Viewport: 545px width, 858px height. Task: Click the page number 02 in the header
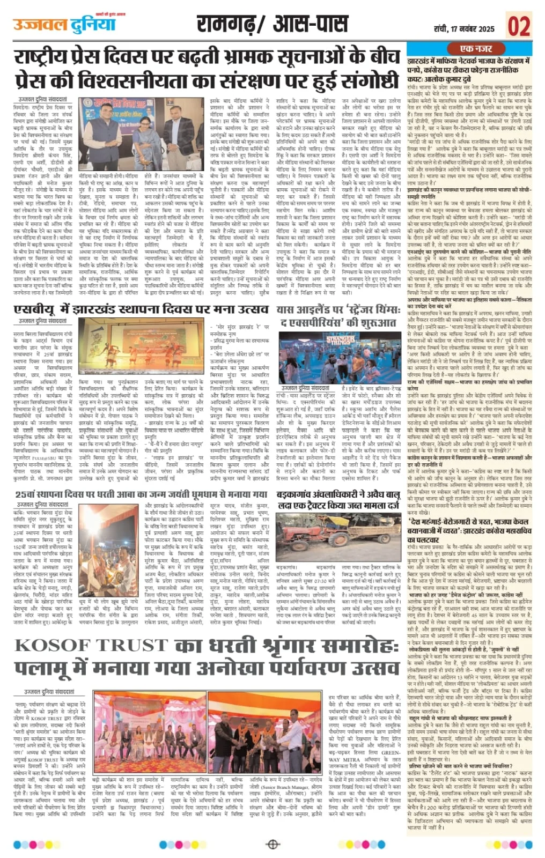tap(519, 25)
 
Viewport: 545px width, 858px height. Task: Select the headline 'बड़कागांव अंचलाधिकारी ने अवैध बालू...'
tap(338, 500)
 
